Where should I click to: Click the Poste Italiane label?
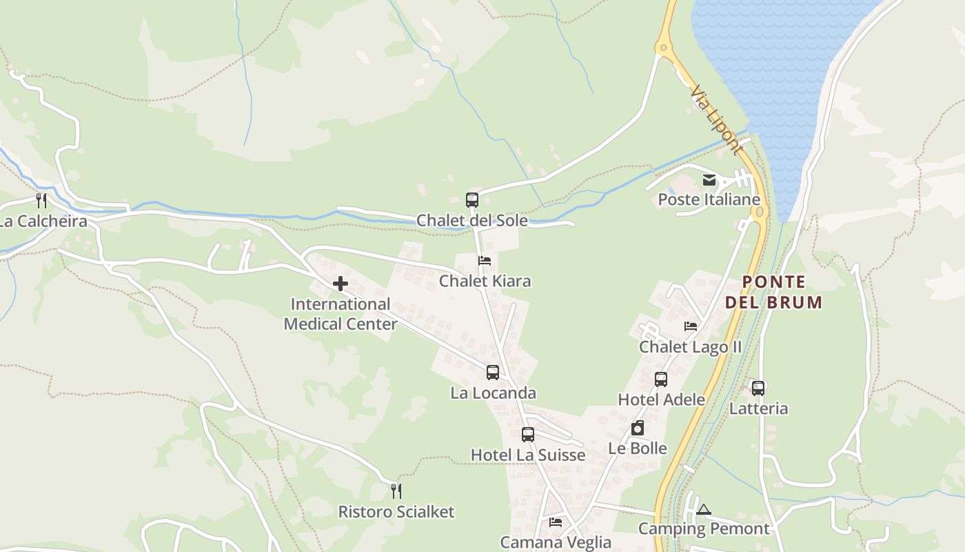coord(709,200)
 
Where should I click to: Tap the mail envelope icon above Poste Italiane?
coord(709,181)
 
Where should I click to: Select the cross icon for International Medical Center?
coord(341,284)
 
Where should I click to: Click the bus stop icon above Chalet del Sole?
coord(472,200)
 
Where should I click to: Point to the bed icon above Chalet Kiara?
coord(485,261)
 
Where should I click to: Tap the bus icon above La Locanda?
coord(493,373)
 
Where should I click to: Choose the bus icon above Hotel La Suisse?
coord(528,435)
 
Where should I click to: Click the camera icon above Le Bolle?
coord(638,428)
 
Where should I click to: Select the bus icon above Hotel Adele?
coord(661,379)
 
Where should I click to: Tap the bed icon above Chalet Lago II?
coord(691,326)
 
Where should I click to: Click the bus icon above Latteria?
coord(758,388)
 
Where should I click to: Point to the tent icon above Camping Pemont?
coord(703,510)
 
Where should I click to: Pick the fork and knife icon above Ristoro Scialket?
coord(396,491)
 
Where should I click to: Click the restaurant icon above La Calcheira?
coord(41,201)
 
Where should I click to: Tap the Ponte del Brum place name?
coord(774,292)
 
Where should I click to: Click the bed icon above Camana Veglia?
coord(556,522)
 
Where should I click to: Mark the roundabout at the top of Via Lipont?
coord(664,48)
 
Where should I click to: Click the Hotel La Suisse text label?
coord(528,455)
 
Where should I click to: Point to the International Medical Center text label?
coord(341,314)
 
